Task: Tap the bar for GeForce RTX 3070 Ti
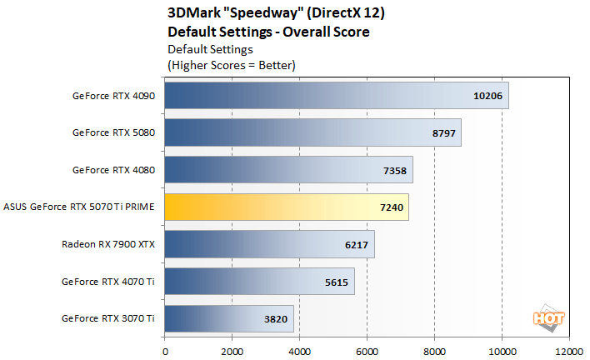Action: coord(229,318)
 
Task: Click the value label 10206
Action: coord(487,95)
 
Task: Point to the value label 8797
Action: coord(442,132)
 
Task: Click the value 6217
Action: coord(355,244)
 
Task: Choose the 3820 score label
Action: coord(275,318)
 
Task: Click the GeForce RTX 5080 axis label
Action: coord(114,132)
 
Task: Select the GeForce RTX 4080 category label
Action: coord(114,170)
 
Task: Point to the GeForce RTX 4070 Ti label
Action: coord(108,282)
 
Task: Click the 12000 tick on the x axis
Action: coord(569,350)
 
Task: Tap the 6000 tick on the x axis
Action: coord(367,350)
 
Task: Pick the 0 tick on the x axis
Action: coord(165,350)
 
